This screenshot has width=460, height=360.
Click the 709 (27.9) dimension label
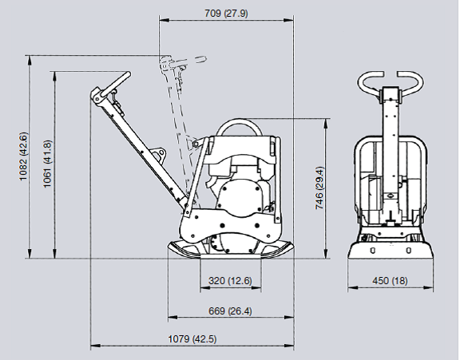click(x=226, y=14)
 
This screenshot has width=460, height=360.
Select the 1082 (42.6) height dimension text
click(x=23, y=156)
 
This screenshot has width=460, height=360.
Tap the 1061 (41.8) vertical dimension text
click(x=47, y=164)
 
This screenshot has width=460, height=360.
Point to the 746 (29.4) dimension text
click(x=319, y=188)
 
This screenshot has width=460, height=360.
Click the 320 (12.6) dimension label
click(x=230, y=280)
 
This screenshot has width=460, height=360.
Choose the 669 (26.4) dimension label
click(x=230, y=311)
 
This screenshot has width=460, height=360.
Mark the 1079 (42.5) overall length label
click(x=192, y=339)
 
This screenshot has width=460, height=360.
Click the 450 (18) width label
click(x=391, y=280)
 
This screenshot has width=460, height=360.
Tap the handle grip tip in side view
click(x=129, y=74)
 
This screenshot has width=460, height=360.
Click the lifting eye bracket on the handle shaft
click(x=159, y=154)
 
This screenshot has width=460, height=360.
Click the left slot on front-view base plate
click(x=373, y=251)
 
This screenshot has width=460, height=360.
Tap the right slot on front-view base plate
click(x=408, y=251)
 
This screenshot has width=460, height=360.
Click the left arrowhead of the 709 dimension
click(x=165, y=20)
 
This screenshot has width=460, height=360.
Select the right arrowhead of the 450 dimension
click(x=429, y=287)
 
